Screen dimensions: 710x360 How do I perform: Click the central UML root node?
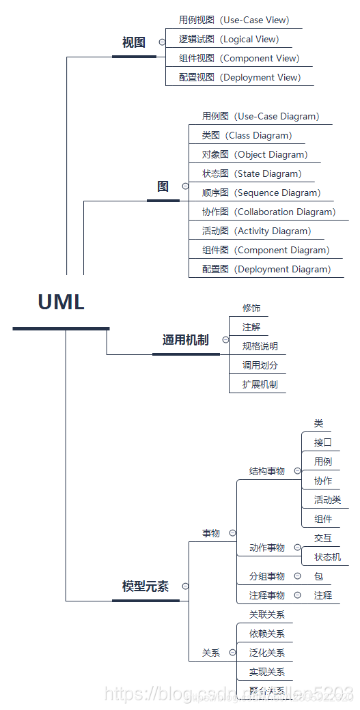[x=61, y=302]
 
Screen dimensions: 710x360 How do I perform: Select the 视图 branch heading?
[x=134, y=42]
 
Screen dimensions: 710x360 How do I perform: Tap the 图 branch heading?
[x=163, y=186]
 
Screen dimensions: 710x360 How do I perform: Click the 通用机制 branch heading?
[x=185, y=340]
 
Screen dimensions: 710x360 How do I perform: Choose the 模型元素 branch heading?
[x=145, y=586]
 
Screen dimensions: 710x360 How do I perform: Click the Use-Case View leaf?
[x=234, y=20]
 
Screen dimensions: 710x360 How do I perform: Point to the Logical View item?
[x=229, y=39]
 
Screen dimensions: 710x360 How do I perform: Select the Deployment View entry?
[x=240, y=77]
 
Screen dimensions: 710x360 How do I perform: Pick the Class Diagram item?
[x=247, y=135]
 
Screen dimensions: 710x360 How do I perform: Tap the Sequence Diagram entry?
[x=261, y=193]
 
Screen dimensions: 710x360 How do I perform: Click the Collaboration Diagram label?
[x=268, y=212]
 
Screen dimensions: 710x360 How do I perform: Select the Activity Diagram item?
[x=256, y=231]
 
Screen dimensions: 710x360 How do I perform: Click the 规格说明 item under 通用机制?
[x=260, y=346]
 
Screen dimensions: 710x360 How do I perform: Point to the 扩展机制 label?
[x=260, y=384]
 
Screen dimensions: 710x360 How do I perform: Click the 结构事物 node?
[x=266, y=471]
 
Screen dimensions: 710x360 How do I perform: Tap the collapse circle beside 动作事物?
[x=297, y=548]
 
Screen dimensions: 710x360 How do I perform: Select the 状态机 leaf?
[x=327, y=557]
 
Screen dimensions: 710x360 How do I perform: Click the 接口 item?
[x=322, y=442]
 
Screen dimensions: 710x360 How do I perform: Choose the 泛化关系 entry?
[x=266, y=653]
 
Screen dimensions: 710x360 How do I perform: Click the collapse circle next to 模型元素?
[x=185, y=586]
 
